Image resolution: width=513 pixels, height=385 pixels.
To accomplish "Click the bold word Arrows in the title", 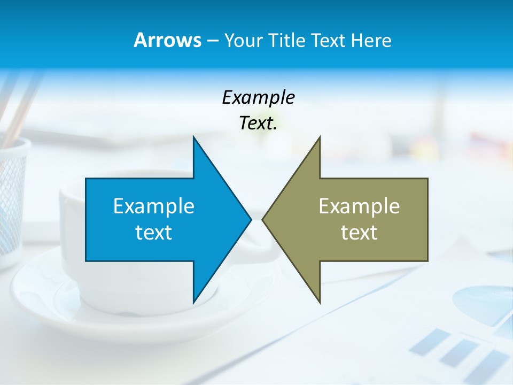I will [x=167, y=40].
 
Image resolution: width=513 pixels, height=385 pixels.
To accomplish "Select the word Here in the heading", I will [x=372, y=40].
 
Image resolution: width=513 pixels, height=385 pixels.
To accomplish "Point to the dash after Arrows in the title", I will [x=212, y=41].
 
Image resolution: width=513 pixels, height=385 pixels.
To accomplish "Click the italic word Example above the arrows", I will [x=258, y=98].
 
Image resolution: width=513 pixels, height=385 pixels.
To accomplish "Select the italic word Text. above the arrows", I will [x=258, y=124].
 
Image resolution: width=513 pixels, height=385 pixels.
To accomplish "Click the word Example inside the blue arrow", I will [x=154, y=206].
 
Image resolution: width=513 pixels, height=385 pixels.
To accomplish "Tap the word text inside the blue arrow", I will [x=154, y=233].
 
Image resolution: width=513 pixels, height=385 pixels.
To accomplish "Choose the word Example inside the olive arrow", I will [x=359, y=206].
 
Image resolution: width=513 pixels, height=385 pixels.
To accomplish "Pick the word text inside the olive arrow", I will [x=359, y=233].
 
